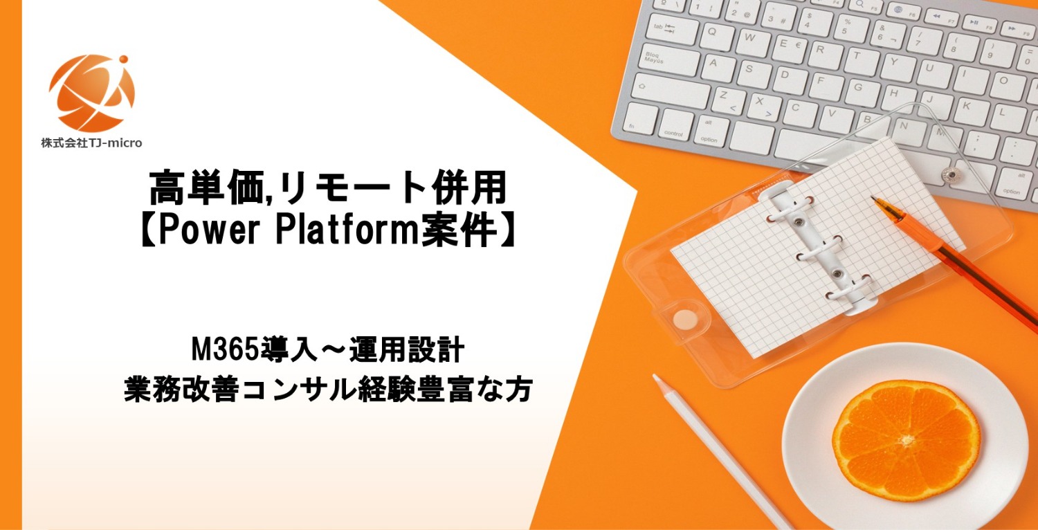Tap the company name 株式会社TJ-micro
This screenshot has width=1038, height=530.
click(x=91, y=143)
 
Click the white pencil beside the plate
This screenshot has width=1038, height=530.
click(x=720, y=450)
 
